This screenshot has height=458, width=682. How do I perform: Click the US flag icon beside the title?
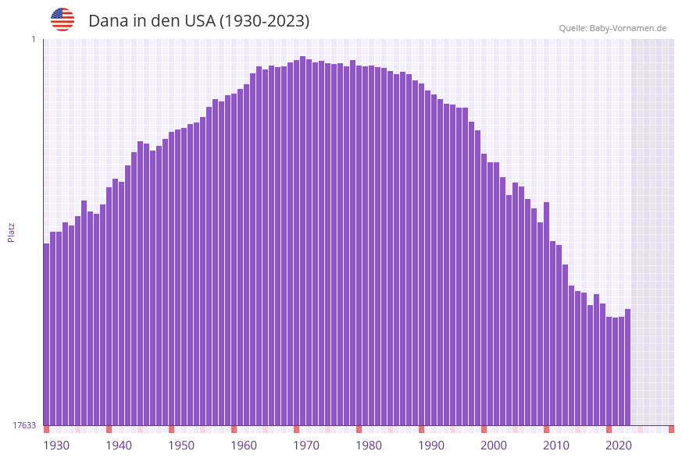(62, 20)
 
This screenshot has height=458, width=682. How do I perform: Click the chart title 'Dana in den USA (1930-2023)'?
(198, 21)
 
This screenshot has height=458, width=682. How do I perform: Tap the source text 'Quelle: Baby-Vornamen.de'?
(612, 28)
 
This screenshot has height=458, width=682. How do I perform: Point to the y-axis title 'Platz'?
(12, 232)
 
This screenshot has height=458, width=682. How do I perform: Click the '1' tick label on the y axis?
(34, 39)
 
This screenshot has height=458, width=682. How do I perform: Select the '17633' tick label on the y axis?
(24, 425)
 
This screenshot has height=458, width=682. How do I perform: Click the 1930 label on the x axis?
(55, 445)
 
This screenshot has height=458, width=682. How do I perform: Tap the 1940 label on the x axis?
(119, 445)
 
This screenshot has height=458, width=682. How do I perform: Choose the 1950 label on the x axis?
(181, 445)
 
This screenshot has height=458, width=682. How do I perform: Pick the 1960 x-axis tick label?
(244, 445)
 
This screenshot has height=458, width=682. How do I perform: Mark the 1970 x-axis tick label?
(306, 445)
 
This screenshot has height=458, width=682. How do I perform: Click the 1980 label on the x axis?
(369, 445)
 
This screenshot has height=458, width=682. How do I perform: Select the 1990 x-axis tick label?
(431, 445)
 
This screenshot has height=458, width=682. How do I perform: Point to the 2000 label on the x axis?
(494, 445)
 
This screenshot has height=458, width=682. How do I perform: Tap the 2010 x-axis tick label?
(556, 445)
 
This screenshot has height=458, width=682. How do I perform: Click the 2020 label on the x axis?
(619, 445)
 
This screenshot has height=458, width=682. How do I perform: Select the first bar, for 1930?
(47, 336)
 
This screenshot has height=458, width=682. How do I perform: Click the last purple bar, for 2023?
(627, 367)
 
